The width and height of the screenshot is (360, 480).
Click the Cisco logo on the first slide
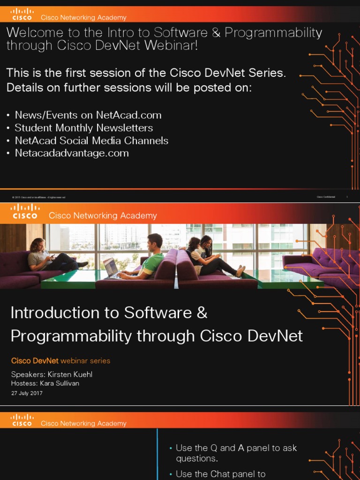pyautogui.click(x=22, y=15)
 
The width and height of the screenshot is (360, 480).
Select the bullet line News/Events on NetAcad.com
pyautogui.click(x=88, y=115)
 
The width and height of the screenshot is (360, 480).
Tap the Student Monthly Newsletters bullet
pyautogui.click(x=83, y=128)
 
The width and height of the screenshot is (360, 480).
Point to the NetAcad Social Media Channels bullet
pyautogui.click(x=91, y=141)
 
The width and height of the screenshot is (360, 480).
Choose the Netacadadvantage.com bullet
pyautogui.click(x=72, y=153)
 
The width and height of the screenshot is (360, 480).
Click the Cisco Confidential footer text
pyautogui.click(x=326, y=197)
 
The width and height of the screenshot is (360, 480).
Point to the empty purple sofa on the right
pyautogui.click(x=323, y=265)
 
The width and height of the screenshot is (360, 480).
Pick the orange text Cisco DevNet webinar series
pyautogui.click(x=60, y=361)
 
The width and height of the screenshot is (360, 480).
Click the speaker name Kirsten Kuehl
pyautogui.click(x=73, y=375)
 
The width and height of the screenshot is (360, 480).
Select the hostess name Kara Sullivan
pyautogui.click(x=60, y=383)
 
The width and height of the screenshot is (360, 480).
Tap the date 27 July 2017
pyautogui.click(x=27, y=393)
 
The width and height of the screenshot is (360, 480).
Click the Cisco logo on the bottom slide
pyautogui.click(x=22, y=420)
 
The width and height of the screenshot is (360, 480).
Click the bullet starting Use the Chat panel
pyautogui.click(x=221, y=474)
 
